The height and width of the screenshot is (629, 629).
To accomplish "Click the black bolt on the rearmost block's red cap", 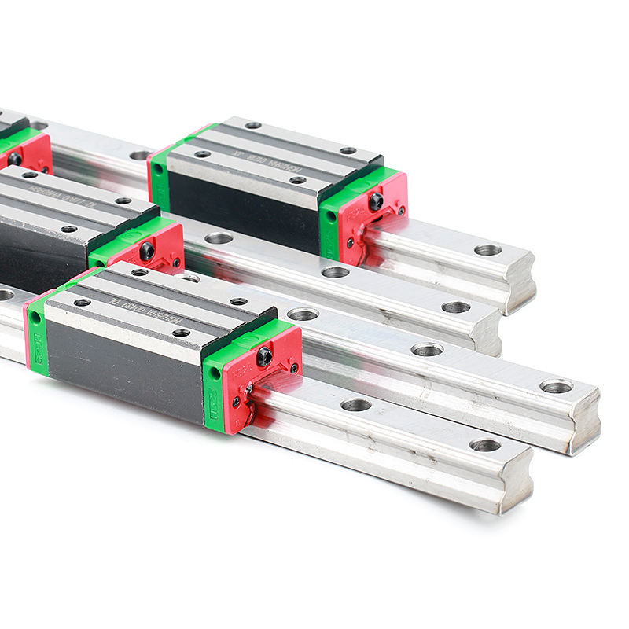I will click(376, 200).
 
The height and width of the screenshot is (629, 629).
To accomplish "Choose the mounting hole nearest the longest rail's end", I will click(556, 386).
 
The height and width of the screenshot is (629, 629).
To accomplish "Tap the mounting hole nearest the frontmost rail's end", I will click(485, 445).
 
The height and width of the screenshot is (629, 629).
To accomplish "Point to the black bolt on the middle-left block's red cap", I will click(147, 251).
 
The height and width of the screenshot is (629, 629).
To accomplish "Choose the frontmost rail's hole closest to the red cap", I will click(355, 405).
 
